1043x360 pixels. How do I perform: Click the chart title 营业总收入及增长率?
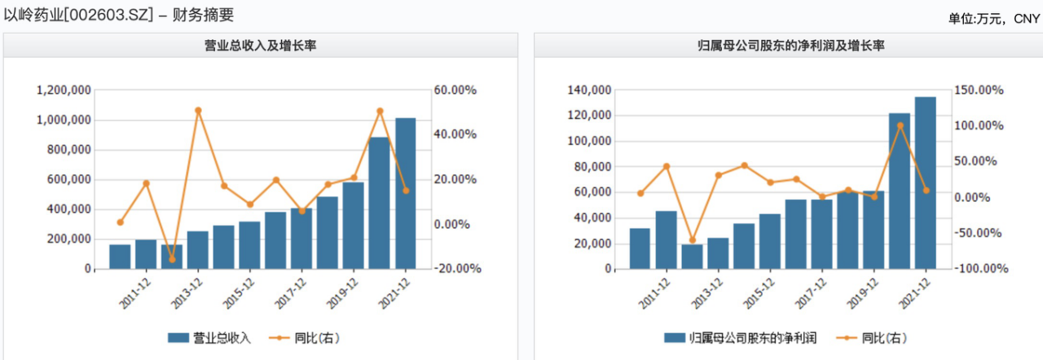pos(260,46)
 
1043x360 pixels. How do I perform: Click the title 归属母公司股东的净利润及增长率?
pos(786,46)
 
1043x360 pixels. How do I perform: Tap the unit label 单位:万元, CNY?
pos(993,18)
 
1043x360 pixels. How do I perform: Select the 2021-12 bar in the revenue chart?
pos(405,194)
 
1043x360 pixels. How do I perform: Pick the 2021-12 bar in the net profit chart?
pos(925,183)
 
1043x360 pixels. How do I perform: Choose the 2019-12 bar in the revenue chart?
pos(353,226)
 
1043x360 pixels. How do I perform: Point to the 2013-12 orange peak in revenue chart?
pos(198,110)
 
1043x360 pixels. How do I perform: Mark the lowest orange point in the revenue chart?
pos(172,260)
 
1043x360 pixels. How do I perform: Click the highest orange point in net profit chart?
pos(900,125)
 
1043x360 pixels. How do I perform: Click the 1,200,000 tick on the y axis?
pos(64,90)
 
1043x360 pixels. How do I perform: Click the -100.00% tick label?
pos(983,269)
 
